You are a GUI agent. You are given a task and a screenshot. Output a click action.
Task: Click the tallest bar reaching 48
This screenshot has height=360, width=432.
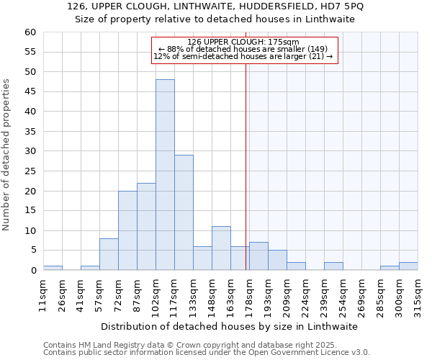pyautogui.click(x=165, y=175)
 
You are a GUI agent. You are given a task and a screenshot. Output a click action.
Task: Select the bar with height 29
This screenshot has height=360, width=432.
pyautogui.click(x=184, y=212)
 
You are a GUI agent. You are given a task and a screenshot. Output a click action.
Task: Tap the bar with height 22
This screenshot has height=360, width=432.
pyautogui.click(x=146, y=226)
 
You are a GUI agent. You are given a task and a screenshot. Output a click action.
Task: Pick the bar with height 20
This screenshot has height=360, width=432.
pyautogui.click(x=127, y=230)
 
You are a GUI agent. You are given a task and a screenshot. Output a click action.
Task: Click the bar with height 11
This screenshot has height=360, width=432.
pyautogui.click(x=221, y=248)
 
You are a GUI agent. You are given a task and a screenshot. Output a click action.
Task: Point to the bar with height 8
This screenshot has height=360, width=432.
pyautogui.click(x=109, y=254)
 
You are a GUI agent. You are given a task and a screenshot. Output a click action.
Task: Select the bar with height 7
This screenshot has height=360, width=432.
pyautogui.click(x=258, y=256)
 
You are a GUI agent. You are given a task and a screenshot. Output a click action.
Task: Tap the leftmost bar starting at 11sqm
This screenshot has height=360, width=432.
pyautogui.click(x=53, y=268)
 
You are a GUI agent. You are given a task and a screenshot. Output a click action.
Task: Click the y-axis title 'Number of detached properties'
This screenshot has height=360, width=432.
pyautogui.click(x=7, y=155)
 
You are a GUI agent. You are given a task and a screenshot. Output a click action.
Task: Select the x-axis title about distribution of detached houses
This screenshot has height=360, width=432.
pyautogui.click(x=230, y=326)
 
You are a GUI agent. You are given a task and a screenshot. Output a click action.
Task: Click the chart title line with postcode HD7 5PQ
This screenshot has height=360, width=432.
pyautogui.click(x=215, y=6)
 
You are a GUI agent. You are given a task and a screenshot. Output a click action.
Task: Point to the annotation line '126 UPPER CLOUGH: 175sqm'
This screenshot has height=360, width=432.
pyautogui.click(x=243, y=42)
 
